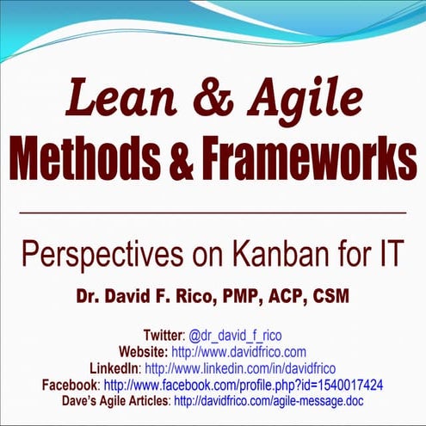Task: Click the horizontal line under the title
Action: pyautogui.click(x=213, y=212)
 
